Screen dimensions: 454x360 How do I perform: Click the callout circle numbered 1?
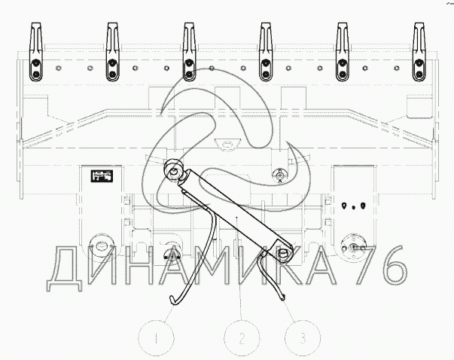click(x=155, y=338)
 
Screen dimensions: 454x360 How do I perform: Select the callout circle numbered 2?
click(x=242, y=338)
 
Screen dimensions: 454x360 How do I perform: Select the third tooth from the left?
click(x=189, y=53)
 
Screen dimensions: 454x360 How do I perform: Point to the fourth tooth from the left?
click(x=267, y=53)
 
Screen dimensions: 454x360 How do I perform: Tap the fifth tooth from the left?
click(x=343, y=53)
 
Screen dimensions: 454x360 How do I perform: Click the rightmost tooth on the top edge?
click(x=419, y=53)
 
